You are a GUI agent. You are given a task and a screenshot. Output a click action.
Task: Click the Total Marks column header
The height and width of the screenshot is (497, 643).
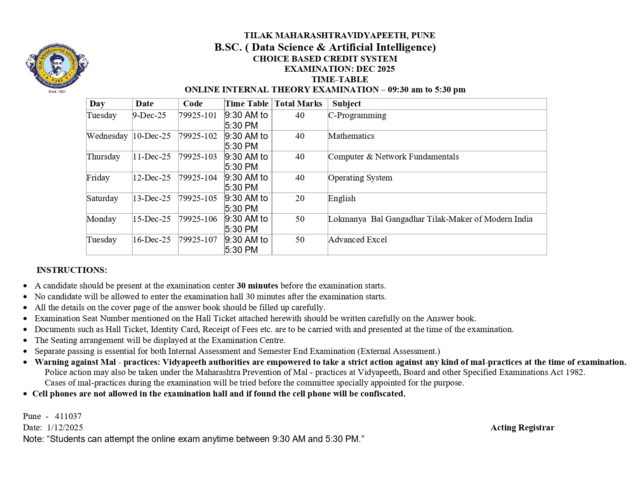(298, 104)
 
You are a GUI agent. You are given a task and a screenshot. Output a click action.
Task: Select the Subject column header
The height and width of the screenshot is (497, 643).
(346, 104)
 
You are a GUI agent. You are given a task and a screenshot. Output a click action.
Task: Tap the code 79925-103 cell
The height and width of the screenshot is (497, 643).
(198, 157)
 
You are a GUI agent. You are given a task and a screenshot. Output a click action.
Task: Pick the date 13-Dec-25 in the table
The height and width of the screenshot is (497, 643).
(152, 198)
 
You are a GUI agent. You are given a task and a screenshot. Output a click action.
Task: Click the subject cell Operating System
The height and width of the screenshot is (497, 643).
(360, 178)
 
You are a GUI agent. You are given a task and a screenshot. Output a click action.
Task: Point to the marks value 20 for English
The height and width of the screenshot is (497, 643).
(300, 198)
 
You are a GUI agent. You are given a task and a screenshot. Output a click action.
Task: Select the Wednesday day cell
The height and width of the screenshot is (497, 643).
(107, 136)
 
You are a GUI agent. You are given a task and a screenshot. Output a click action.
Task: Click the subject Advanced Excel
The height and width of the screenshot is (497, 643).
(357, 240)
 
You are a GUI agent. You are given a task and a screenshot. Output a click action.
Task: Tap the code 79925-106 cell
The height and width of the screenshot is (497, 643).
(198, 219)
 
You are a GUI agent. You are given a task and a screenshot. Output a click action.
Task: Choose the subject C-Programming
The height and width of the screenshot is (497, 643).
(357, 115)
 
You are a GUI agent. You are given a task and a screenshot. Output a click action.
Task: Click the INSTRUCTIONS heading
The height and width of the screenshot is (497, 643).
(72, 270)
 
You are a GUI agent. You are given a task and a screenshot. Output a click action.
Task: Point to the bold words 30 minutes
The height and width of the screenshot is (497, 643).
(257, 286)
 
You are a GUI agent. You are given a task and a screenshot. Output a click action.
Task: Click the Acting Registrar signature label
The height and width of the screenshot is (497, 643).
(522, 428)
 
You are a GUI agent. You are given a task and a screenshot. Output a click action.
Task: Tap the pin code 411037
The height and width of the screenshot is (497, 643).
(68, 416)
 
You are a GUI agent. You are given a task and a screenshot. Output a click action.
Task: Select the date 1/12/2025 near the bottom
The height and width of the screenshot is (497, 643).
(65, 428)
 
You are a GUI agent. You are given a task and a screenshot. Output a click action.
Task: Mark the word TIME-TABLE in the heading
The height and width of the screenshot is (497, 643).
(339, 80)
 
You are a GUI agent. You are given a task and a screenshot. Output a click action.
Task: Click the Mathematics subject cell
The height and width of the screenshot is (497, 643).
(351, 136)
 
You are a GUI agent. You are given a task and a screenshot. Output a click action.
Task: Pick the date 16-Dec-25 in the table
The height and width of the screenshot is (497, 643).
(152, 240)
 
